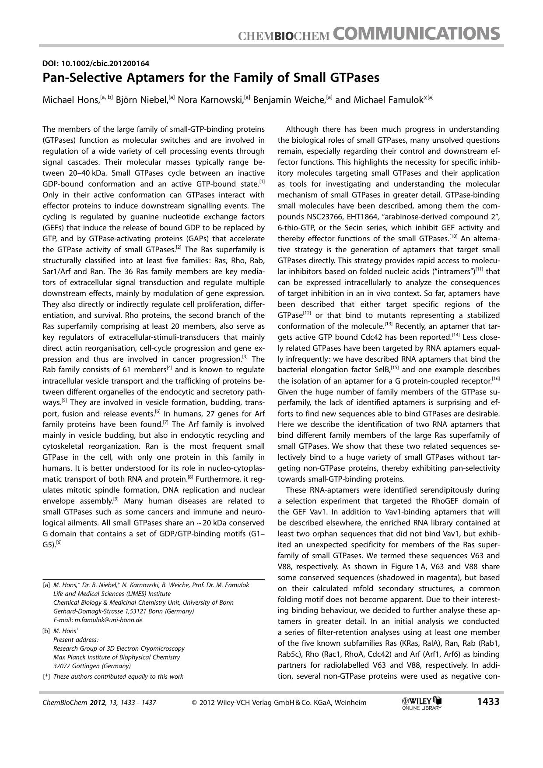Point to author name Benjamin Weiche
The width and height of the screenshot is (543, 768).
coord(289,100)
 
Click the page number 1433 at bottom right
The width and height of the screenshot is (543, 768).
coord(488,702)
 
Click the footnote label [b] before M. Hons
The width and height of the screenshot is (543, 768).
coord(46,631)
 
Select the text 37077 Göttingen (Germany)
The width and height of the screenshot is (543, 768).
coord(92,666)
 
